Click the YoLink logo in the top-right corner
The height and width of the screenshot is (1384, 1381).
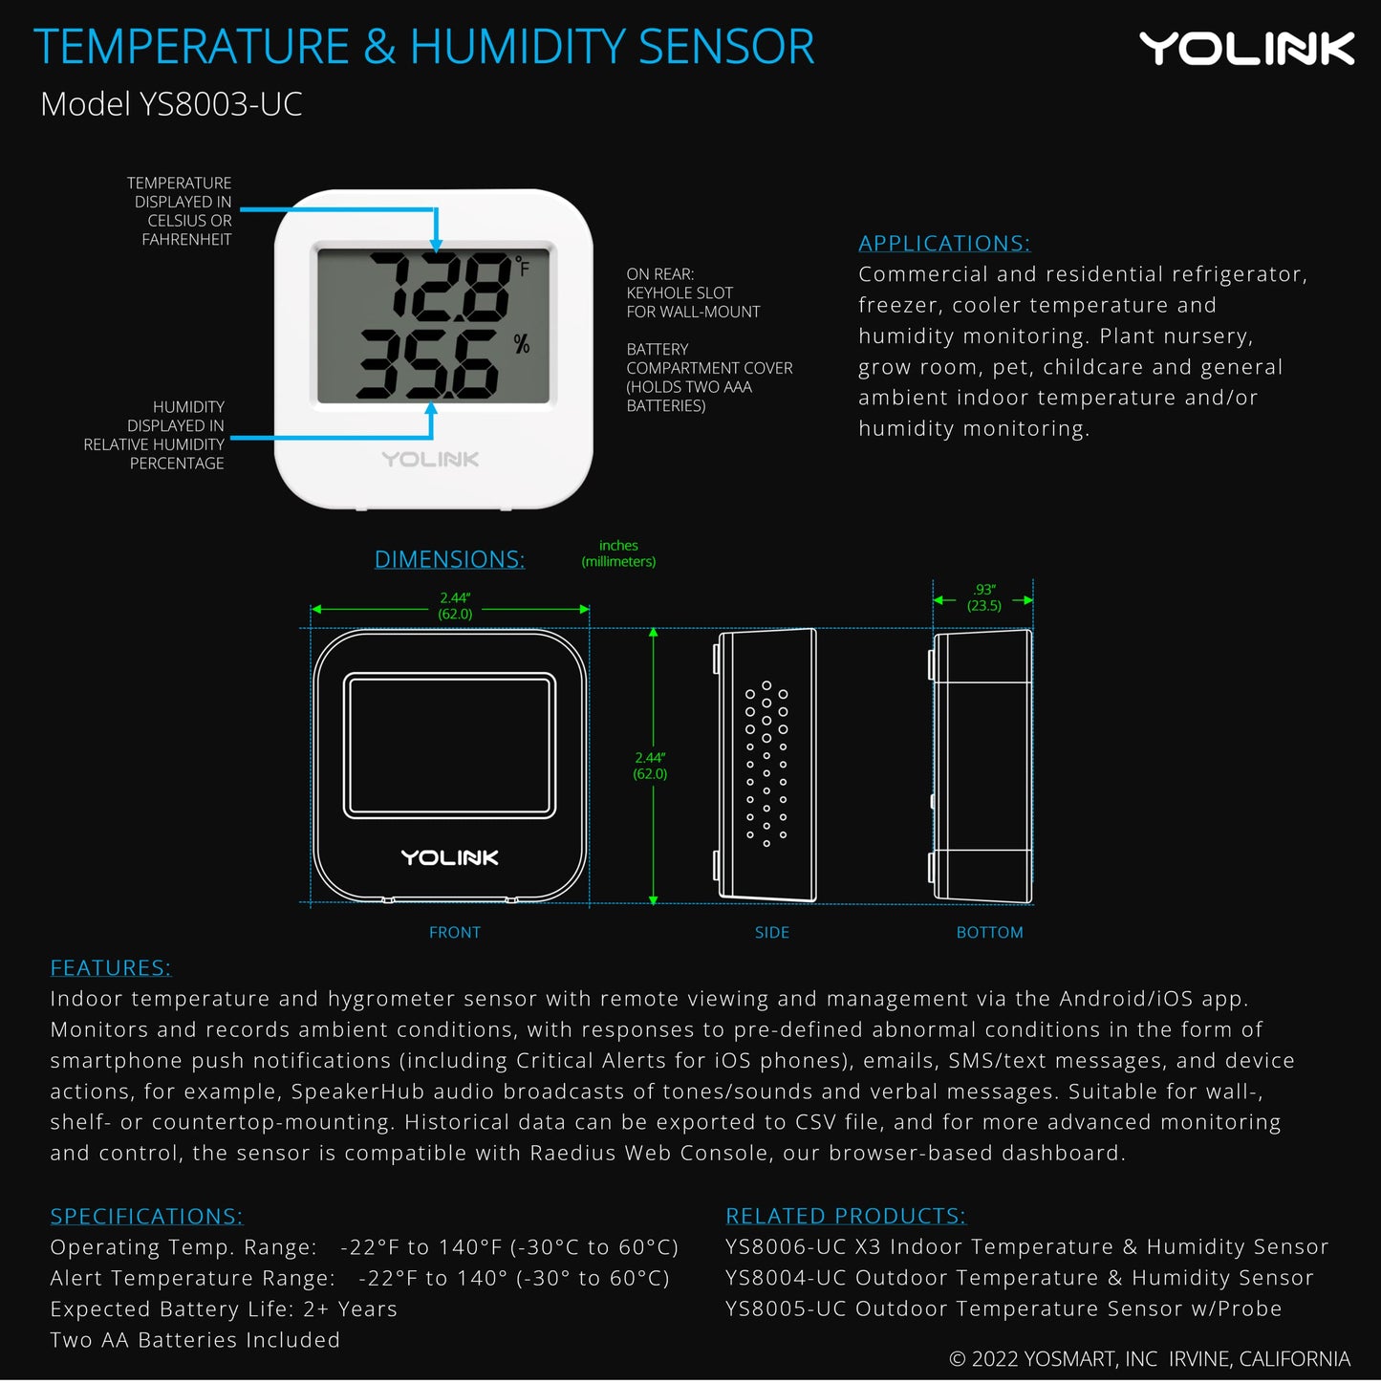point(1246,49)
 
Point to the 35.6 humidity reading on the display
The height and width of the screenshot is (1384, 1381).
point(428,364)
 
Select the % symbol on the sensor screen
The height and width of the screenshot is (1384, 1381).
point(522,344)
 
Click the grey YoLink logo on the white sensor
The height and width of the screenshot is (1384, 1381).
point(430,460)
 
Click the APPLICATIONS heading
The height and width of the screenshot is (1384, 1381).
point(944,244)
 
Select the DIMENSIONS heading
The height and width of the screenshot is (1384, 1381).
point(449,560)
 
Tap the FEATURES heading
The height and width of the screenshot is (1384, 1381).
point(111,968)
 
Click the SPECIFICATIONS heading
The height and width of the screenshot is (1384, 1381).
point(146,1217)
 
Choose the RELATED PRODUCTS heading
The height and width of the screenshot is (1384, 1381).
point(846,1216)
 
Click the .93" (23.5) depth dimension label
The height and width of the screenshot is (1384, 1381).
point(984,597)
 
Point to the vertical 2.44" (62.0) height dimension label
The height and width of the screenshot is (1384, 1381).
point(650,766)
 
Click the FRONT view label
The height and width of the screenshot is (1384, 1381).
point(455,933)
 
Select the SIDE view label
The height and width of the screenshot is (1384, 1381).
point(772,933)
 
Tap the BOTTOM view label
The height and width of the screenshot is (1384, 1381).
point(989,933)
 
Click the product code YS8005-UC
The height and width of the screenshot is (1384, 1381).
point(786,1308)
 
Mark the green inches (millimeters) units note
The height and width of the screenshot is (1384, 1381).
point(618,553)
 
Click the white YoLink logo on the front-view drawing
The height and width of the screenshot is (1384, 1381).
point(449,857)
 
